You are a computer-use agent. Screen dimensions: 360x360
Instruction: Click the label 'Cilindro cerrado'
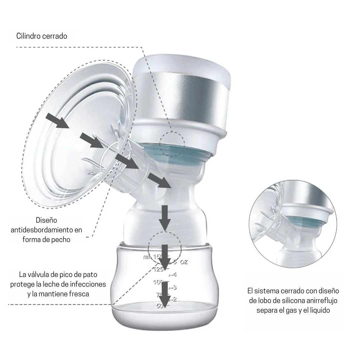[42, 36]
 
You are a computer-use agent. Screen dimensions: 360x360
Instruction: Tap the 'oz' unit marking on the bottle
[184, 262]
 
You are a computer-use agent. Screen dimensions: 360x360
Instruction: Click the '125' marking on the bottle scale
[158, 269]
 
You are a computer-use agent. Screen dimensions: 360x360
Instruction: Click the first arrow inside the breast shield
[57, 121]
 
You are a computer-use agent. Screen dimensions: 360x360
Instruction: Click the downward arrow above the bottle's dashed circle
[165, 218]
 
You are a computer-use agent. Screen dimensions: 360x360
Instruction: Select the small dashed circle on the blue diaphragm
[172, 144]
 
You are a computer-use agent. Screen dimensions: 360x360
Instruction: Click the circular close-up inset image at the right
[293, 224]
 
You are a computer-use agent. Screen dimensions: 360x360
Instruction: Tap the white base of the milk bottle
[164, 318]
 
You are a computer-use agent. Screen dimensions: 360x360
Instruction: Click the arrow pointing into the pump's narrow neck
[159, 180]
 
